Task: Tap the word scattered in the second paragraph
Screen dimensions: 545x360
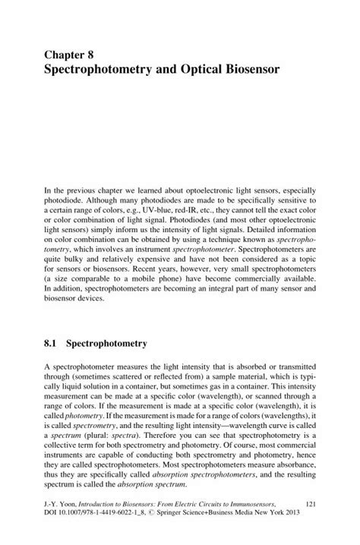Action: click(x=127, y=377)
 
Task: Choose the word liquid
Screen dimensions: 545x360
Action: click(x=72, y=387)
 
